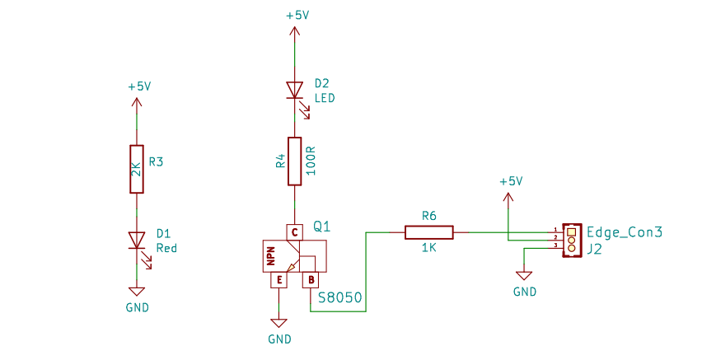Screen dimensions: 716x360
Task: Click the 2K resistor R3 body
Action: (137, 169)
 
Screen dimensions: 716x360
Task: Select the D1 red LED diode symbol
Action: (137, 241)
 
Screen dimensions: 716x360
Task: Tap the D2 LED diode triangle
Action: (294, 90)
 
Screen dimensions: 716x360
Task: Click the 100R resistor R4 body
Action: (294, 161)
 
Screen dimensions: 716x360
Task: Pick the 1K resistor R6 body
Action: (428, 232)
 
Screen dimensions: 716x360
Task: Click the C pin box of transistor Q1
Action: (294, 232)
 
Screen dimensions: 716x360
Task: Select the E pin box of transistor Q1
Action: (278, 280)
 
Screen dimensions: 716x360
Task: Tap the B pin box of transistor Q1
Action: (311, 280)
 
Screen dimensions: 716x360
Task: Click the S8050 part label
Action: (340, 298)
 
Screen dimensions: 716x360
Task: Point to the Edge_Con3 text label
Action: (625, 232)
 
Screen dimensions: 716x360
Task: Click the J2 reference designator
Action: (594, 249)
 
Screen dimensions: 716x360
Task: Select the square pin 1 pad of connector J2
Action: (571, 231)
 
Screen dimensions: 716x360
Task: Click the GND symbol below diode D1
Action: (137, 292)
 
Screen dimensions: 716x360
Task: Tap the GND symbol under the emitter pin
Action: (278, 323)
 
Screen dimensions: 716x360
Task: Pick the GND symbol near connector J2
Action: (524, 276)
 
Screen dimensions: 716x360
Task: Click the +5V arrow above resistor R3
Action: (137, 102)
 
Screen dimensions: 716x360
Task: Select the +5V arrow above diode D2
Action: (294, 31)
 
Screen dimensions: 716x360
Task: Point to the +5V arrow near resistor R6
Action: (508, 197)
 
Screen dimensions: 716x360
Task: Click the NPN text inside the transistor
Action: (270, 256)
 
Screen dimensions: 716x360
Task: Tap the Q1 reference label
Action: (321, 226)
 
